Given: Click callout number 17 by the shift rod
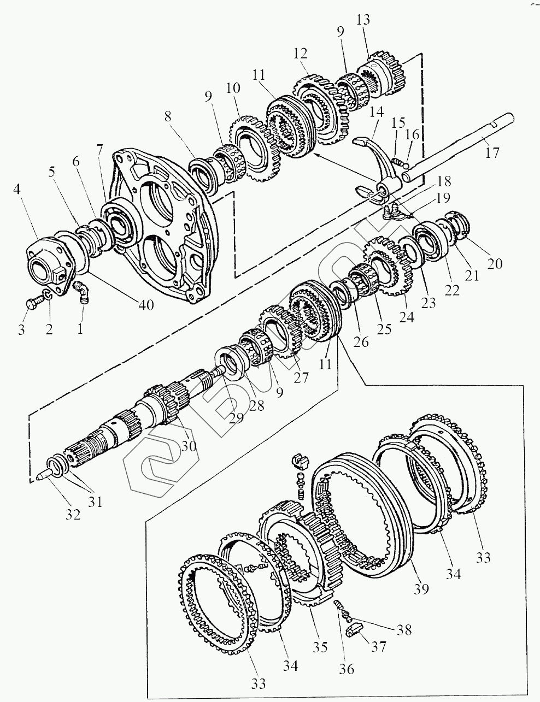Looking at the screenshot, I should [x=492, y=152].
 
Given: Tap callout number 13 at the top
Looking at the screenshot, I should [x=378, y=20].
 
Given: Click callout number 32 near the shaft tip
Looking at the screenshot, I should [x=73, y=514].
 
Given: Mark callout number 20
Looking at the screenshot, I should [x=495, y=264].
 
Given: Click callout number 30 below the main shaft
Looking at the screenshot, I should [x=189, y=446].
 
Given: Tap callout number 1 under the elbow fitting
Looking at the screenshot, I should [x=80, y=329].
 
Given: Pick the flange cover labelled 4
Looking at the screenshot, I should [x=46, y=257].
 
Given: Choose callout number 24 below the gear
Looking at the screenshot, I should [x=407, y=315].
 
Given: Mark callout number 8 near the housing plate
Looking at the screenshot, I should [x=167, y=116].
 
